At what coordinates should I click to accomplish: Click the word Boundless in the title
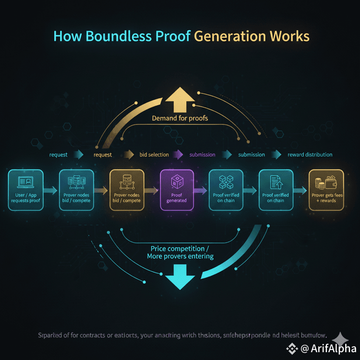click(x=107, y=36)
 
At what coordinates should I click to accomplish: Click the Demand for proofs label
click(x=180, y=118)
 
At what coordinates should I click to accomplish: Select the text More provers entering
click(x=180, y=256)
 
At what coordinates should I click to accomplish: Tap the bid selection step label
click(x=154, y=154)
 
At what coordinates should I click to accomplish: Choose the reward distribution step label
click(x=310, y=154)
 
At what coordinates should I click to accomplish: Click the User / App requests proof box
click(x=26, y=190)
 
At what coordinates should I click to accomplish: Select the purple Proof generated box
click(x=177, y=190)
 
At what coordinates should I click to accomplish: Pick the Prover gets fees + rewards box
click(x=327, y=190)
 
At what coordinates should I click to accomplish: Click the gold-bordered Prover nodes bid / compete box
click(x=127, y=190)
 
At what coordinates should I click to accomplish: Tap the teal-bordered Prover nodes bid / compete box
click(x=77, y=190)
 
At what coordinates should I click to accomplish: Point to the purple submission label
click(x=202, y=154)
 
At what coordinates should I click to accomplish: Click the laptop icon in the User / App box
click(x=25, y=182)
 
